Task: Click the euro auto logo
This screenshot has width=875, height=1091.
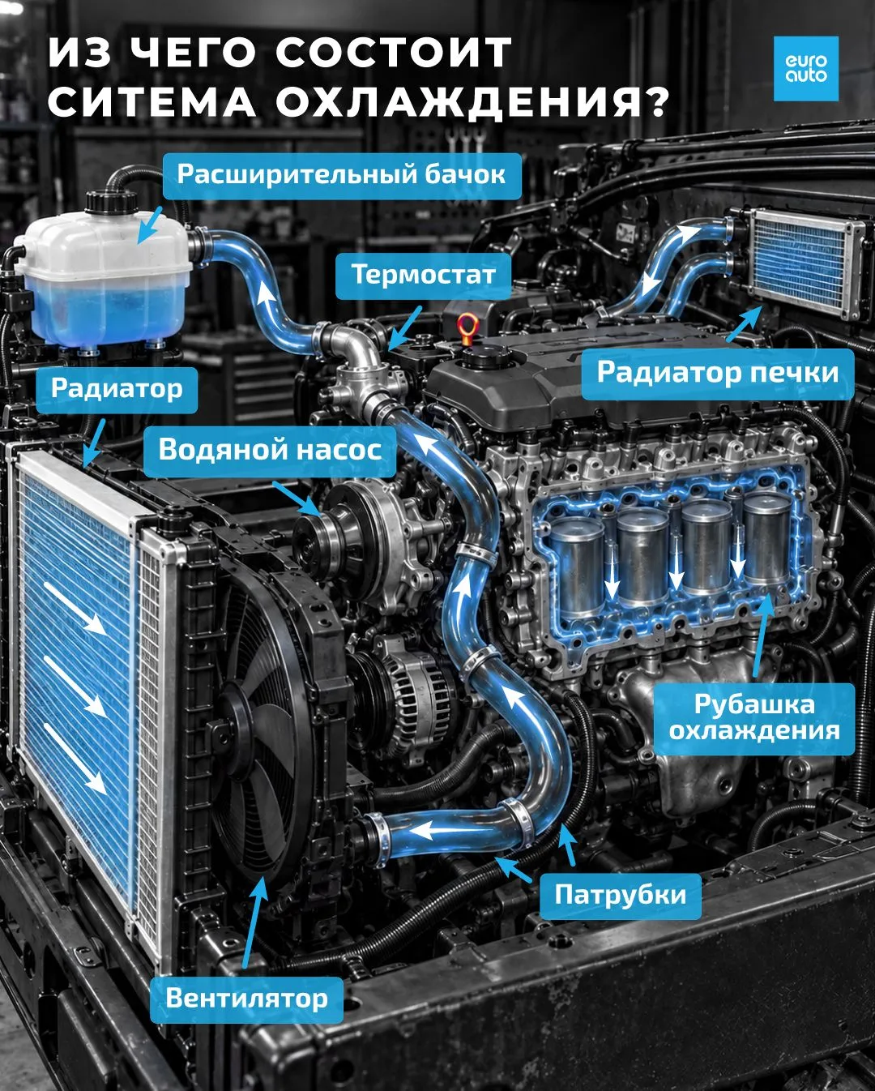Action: pyautogui.click(x=806, y=69)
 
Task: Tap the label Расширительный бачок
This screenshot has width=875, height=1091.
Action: pyautogui.click(x=341, y=175)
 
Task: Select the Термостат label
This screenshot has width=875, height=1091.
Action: pyautogui.click(x=423, y=276)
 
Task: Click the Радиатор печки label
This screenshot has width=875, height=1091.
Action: pyautogui.click(x=718, y=373)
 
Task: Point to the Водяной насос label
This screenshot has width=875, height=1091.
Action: pyautogui.click(x=270, y=451)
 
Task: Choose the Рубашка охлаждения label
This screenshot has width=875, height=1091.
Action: pyautogui.click(x=754, y=718)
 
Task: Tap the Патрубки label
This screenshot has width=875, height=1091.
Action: pyautogui.click(x=620, y=896)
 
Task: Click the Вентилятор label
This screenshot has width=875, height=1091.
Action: pyautogui.click(x=247, y=999)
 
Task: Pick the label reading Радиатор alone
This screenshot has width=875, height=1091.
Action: pyautogui.click(x=117, y=389)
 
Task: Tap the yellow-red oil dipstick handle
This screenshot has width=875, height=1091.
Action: pyautogui.click(x=464, y=325)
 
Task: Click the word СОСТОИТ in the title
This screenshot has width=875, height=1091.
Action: pyautogui.click(x=395, y=53)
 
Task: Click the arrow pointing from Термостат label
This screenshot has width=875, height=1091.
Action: pyautogui.click(x=405, y=328)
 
